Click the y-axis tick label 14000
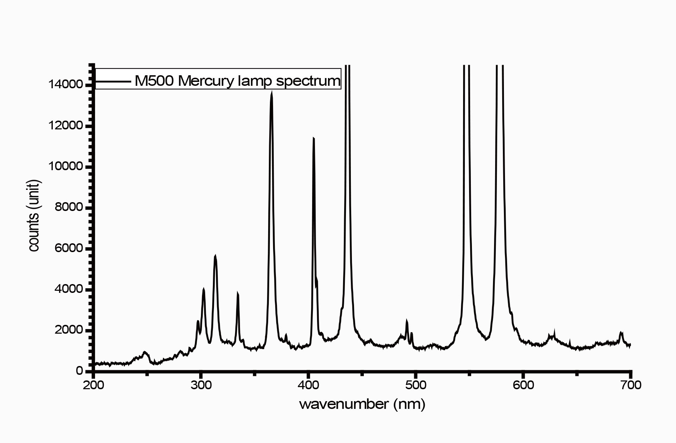[66, 84]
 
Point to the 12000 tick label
[66, 126]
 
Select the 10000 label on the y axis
[66, 166]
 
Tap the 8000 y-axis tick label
[69, 207]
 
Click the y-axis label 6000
[69, 248]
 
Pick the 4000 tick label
[69, 289]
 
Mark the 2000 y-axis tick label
[69, 330]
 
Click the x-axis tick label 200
[93, 385]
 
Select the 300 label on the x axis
[201, 385]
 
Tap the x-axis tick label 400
[308, 385]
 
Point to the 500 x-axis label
[416, 385]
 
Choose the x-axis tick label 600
[523, 385]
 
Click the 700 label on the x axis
[631, 385]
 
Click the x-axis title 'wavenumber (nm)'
[362, 404]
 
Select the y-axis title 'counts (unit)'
[34, 216]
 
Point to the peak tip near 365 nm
[272, 92]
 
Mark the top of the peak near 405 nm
[313, 138]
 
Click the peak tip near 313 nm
[215, 256]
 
